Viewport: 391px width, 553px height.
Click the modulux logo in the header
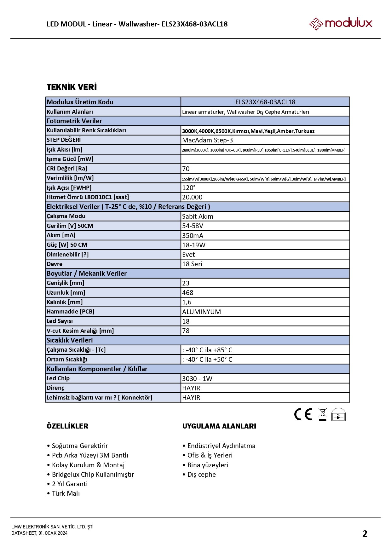pos(340,23)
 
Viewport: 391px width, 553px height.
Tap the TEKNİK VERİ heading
pos(72,87)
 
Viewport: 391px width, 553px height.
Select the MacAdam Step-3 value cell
pos(207,140)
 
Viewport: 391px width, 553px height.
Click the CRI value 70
pos(186,169)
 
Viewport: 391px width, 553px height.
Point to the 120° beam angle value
pos(189,188)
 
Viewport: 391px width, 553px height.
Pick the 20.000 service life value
pos(192,197)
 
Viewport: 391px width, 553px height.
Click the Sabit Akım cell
pos(198,216)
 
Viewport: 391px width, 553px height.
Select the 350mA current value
pos(193,236)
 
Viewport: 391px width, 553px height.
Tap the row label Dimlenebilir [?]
pos(67,254)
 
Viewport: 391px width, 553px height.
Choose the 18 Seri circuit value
pos(192,264)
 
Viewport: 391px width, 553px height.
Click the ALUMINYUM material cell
pos(201,312)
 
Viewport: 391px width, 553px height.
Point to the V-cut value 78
pos(186,331)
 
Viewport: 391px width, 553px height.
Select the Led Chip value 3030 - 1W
pos(197,379)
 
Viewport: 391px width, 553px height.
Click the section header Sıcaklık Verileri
pos(70,340)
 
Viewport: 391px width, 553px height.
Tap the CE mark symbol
pos(303,414)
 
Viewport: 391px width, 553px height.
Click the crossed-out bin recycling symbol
pos(323,414)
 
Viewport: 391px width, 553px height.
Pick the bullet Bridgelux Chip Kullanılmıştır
pos(93,475)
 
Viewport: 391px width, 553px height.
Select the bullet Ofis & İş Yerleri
pos(210,455)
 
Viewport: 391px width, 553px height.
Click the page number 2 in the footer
pos(365,534)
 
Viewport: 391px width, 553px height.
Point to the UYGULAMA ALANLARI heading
pos(219,426)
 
